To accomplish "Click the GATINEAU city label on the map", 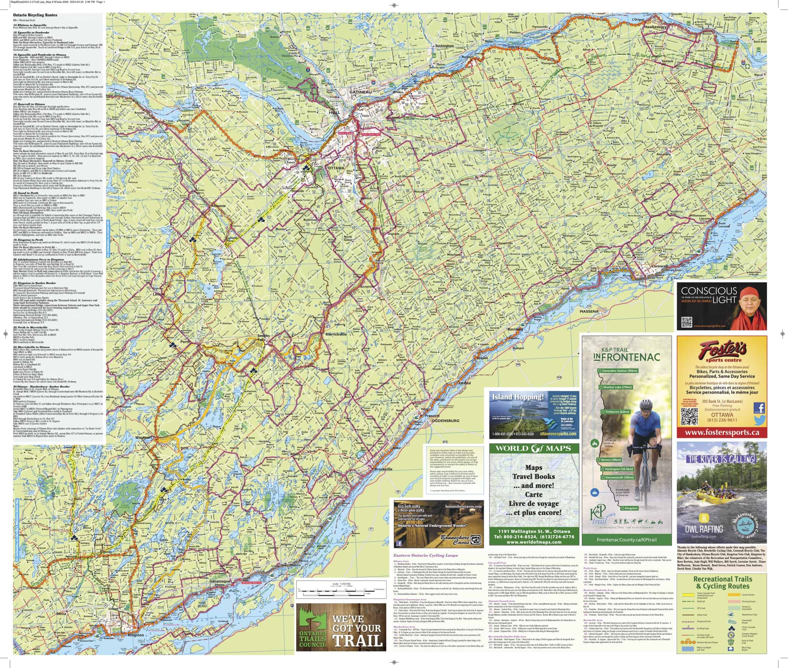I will click(360, 92).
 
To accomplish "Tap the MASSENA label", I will click(589, 311).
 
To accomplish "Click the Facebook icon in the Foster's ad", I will click(759, 408).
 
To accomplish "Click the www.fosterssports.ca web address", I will click(722, 432).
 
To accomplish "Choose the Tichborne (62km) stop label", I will click(617, 411).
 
